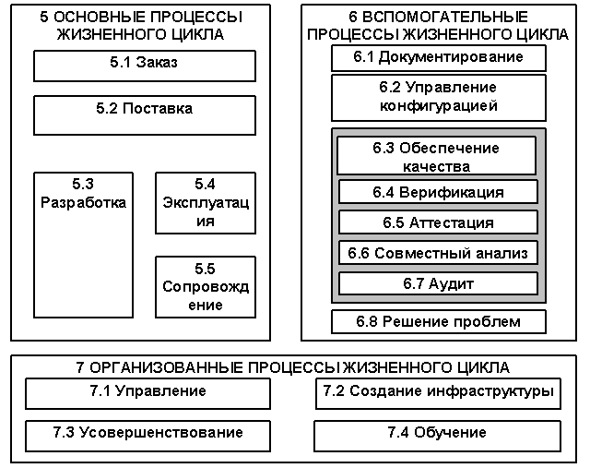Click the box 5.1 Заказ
click(145, 65)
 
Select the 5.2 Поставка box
click(145, 114)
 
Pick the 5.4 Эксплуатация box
click(205, 203)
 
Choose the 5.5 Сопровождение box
click(205, 287)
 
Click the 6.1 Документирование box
click(439, 57)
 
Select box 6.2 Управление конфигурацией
click(439, 97)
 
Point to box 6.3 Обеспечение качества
click(436, 157)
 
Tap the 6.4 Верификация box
click(438, 192)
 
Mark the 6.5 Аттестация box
click(438, 222)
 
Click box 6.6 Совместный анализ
click(438, 253)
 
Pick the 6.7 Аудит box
click(438, 283)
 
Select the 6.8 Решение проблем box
click(439, 321)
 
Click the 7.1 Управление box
click(147, 392)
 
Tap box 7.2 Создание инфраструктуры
click(437, 392)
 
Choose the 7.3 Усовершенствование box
click(147, 433)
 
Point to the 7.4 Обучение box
click(437, 433)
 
